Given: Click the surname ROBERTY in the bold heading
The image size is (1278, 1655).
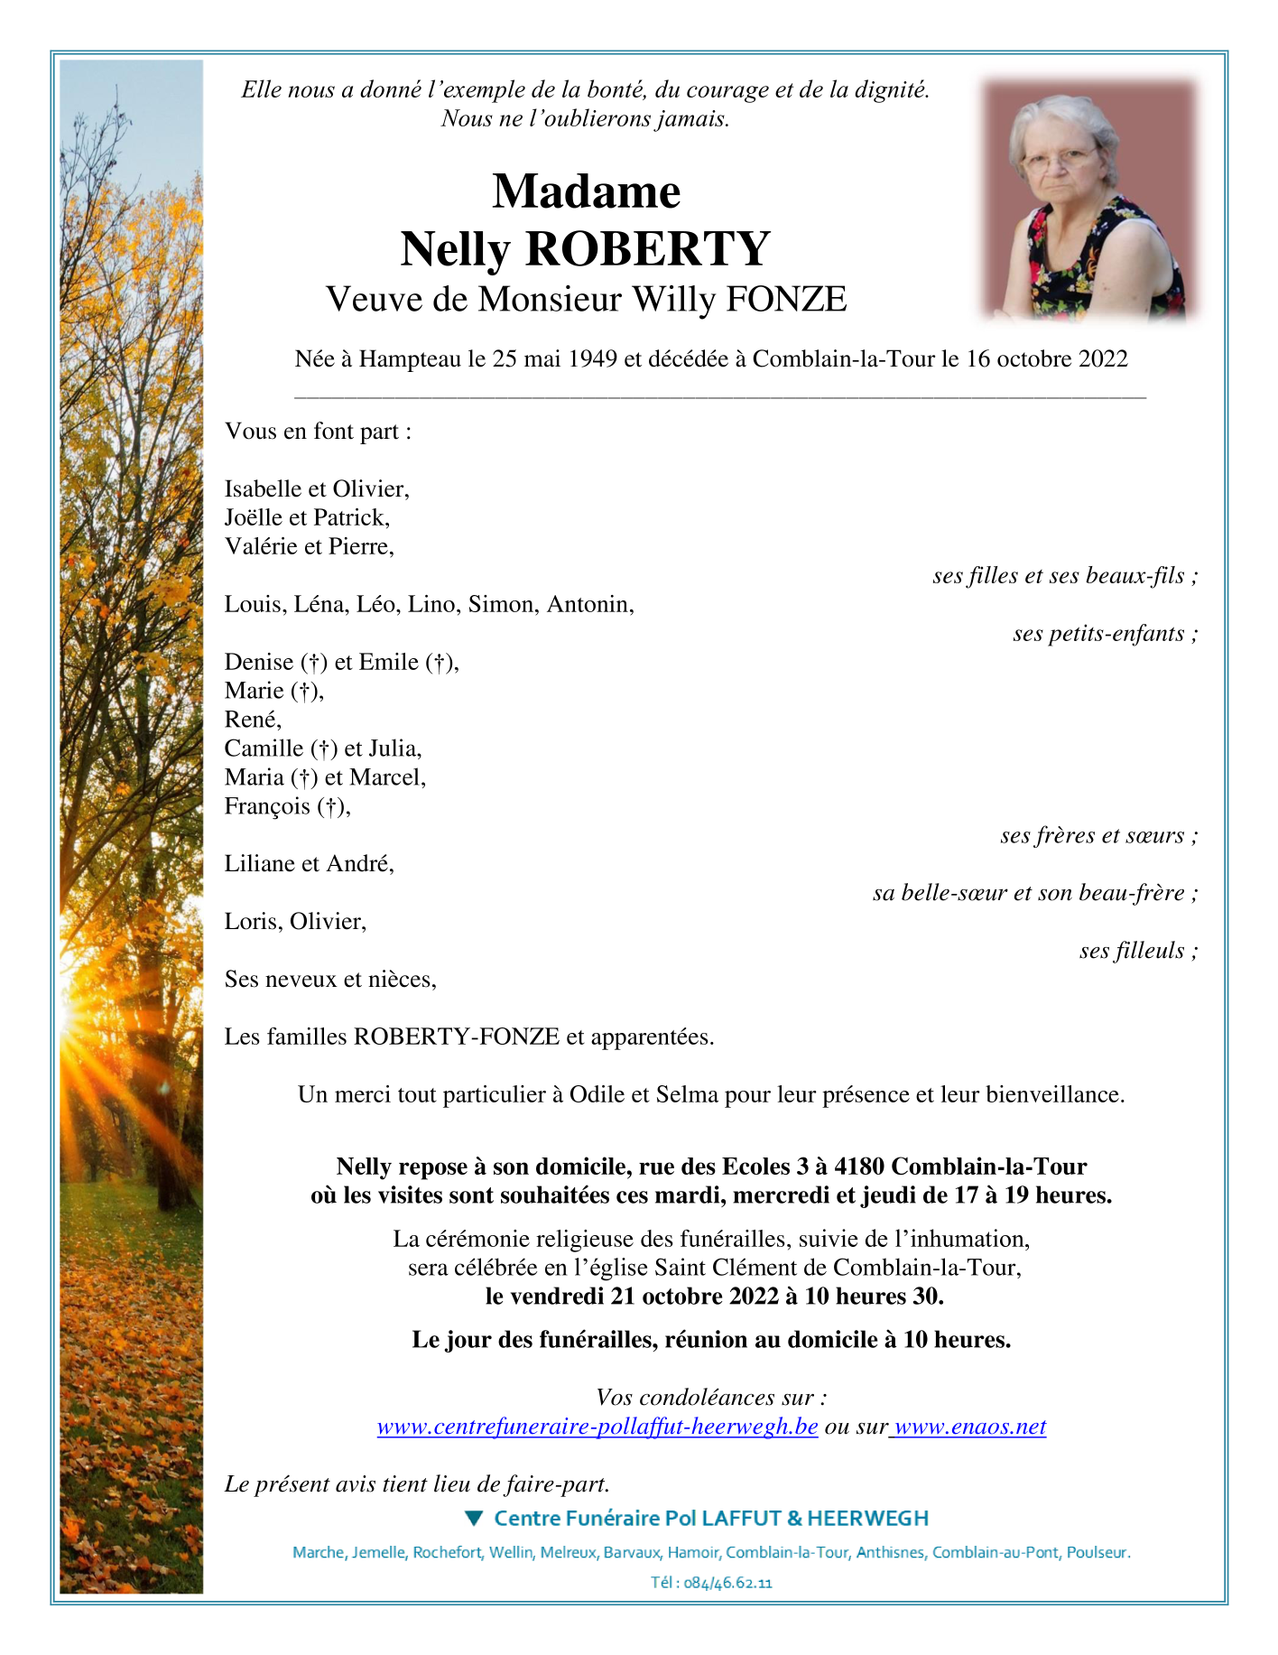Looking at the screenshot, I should point(647,249).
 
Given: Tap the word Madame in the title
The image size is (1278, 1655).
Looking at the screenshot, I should point(586,191).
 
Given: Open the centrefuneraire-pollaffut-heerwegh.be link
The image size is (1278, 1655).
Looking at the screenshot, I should point(597,1427).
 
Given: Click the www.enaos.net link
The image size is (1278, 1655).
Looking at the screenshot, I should point(969,1427).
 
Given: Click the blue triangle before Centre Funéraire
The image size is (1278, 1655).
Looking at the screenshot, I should point(474,1519).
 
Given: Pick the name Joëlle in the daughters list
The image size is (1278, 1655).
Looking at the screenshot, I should point(254,517).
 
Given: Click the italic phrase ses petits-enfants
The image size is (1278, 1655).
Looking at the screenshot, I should point(1098,633).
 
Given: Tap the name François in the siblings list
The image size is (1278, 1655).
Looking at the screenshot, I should point(267,805).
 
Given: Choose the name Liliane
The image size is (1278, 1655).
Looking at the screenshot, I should point(263,863).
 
